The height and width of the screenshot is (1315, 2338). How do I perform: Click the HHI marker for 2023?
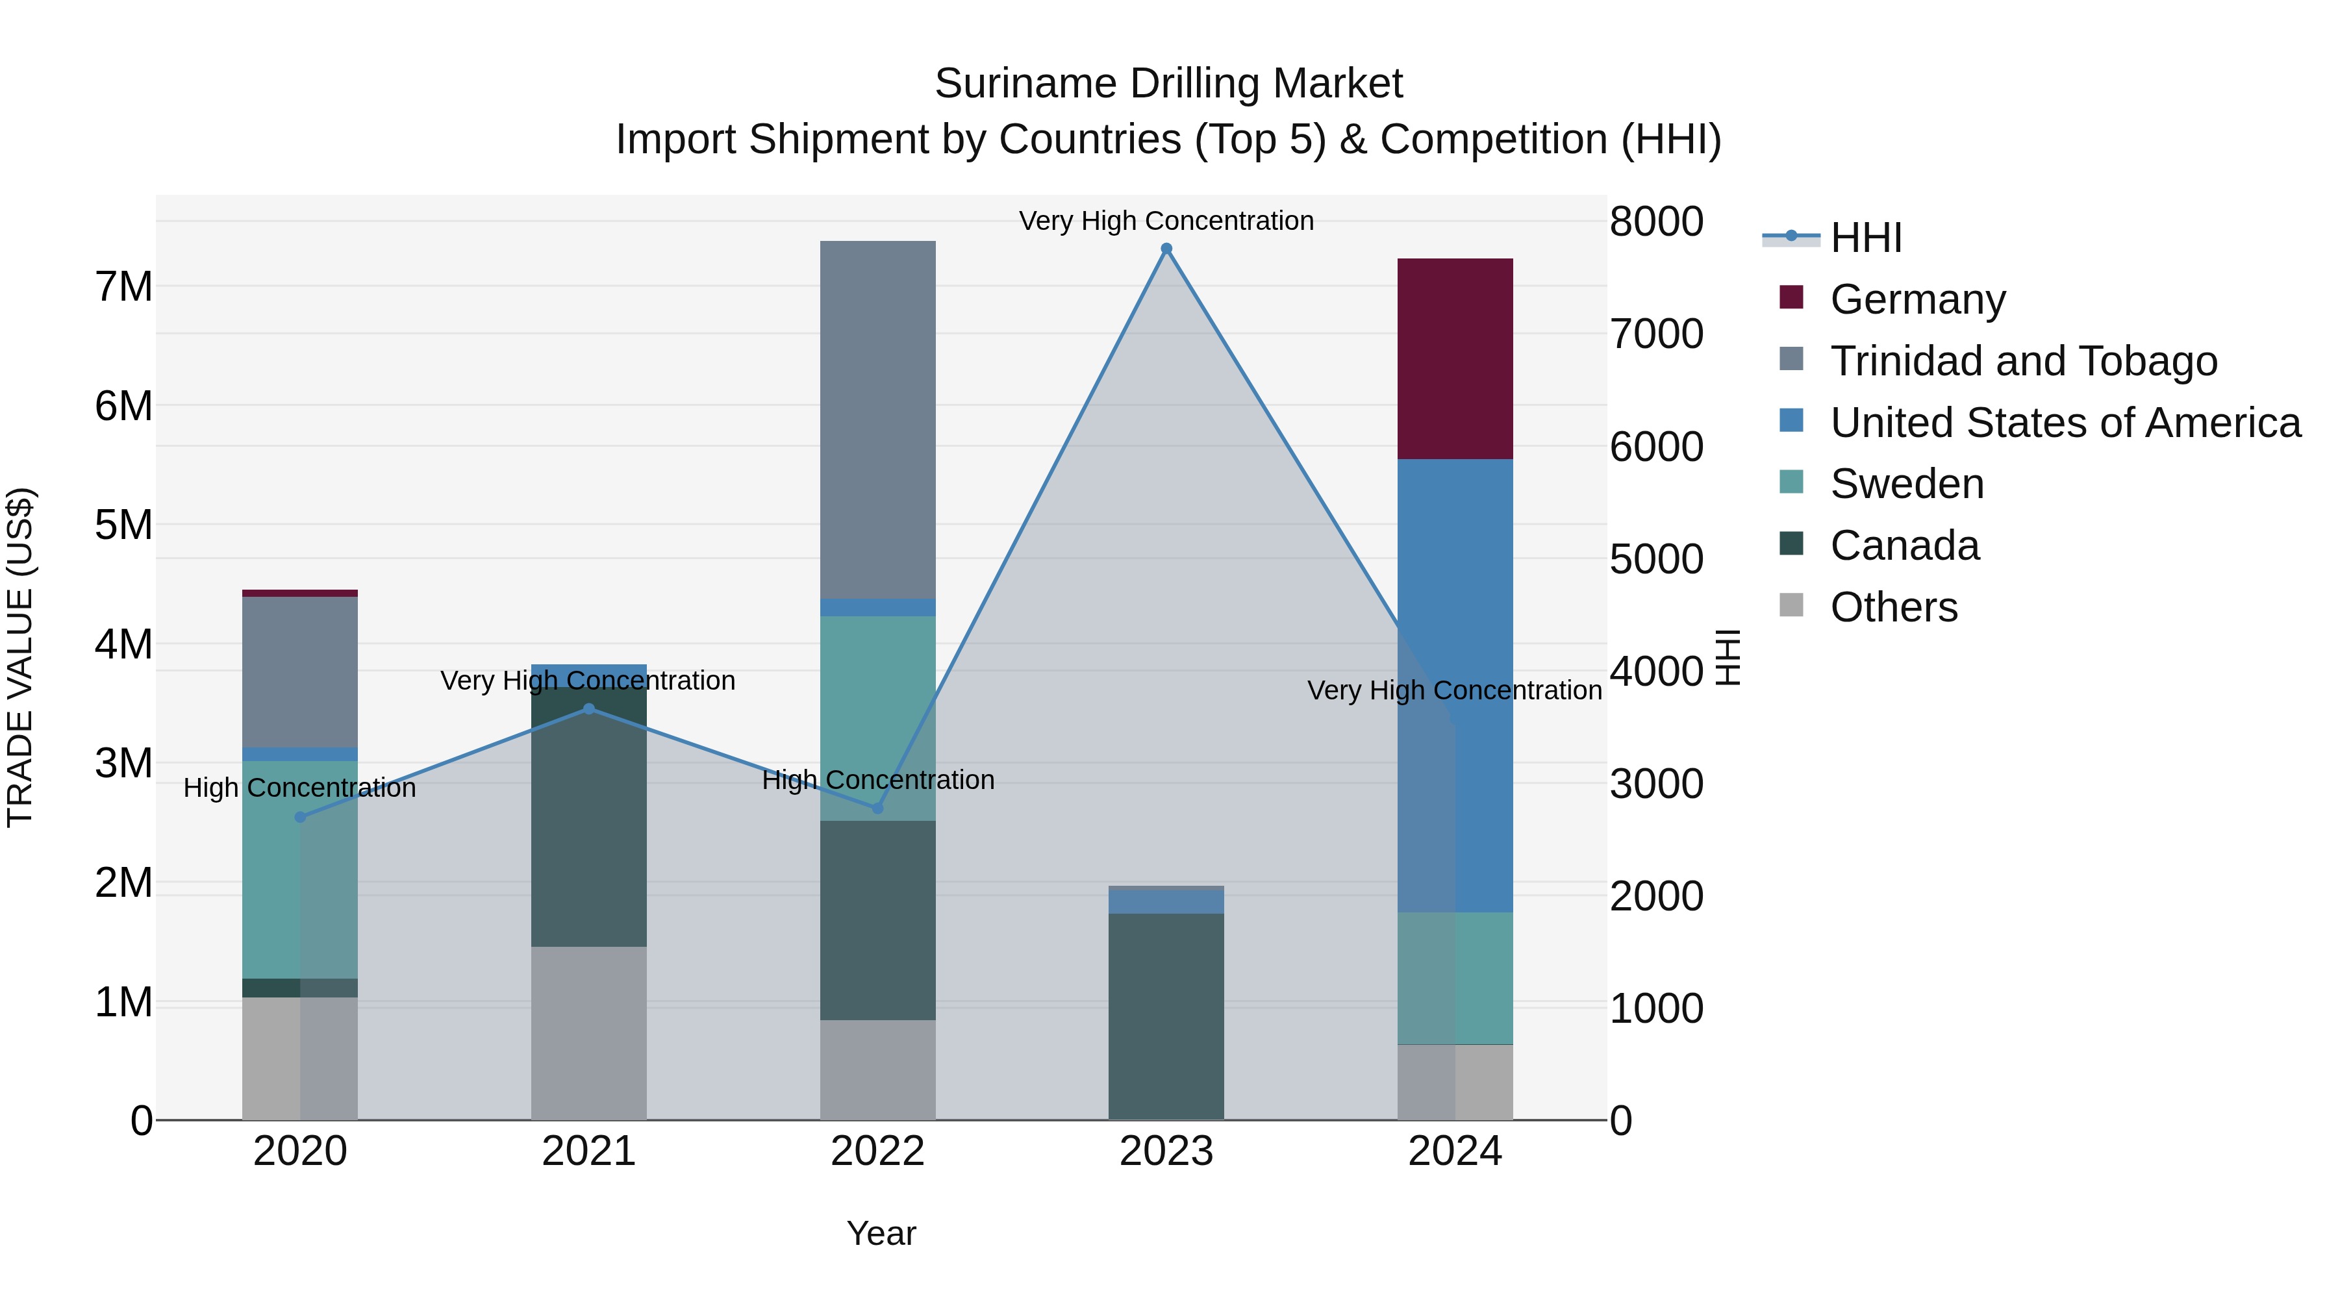click(x=1166, y=249)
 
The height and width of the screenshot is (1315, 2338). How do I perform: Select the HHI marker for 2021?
click(x=589, y=708)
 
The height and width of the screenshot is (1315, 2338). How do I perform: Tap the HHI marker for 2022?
click(x=877, y=808)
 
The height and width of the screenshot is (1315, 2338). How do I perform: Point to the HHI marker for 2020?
click(x=301, y=817)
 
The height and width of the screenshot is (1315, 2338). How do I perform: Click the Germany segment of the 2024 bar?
click(x=1455, y=358)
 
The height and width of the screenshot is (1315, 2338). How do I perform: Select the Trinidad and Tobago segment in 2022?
click(x=877, y=420)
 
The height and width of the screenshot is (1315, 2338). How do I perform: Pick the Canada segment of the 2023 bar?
click(x=1166, y=1016)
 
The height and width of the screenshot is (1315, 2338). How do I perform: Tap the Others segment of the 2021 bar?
click(x=589, y=1033)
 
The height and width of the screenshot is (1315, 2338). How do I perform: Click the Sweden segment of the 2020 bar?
click(x=301, y=870)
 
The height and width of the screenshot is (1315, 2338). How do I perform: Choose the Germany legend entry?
click(x=1917, y=299)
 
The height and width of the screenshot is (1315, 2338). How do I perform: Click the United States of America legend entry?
click(x=2065, y=423)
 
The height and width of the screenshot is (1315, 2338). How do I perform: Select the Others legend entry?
click(x=1893, y=607)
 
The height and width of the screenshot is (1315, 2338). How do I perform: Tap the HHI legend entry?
click(x=1865, y=238)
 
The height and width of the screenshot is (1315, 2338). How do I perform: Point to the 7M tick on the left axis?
click(x=124, y=287)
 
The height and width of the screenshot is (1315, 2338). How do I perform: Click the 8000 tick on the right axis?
click(x=1656, y=221)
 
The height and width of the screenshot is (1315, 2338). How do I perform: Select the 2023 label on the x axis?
click(x=1166, y=1151)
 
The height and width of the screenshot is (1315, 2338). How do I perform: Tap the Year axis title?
click(x=881, y=1233)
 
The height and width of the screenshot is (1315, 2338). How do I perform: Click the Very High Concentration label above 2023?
click(x=1166, y=221)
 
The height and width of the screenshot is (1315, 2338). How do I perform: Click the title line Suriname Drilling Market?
click(x=1168, y=84)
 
